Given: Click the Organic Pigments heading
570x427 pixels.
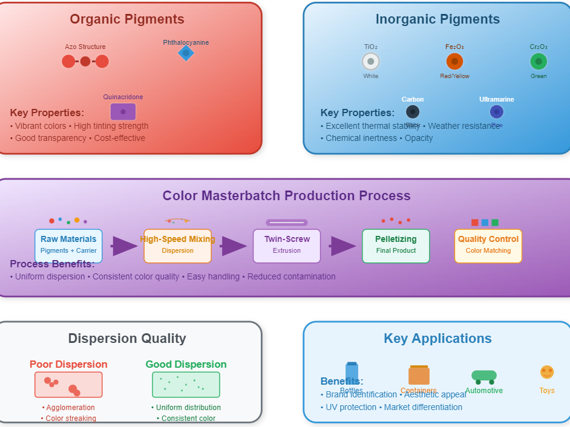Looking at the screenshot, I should (x=127, y=19).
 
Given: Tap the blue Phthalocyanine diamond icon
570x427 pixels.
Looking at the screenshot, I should (x=186, y=53).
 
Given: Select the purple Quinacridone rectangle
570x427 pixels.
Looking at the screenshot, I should (x=123, y=112).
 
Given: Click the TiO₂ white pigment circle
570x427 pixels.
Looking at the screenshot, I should (x=371, y=61).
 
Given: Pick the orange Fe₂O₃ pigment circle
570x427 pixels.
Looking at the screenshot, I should (x=454, y=61).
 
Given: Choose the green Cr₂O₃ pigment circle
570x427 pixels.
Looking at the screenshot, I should (x=539, y=61).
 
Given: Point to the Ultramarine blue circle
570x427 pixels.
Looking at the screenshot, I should (x=497, y=112).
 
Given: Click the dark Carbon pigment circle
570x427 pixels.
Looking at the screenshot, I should (x=413, y=112).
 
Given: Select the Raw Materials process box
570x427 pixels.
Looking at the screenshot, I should (x=68, y=246).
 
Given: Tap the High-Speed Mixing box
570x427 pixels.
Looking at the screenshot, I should (x=177, y=246).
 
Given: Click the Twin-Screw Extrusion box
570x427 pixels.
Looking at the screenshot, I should (x=287, y=246).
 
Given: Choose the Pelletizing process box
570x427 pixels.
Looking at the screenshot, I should (x=396, y=246).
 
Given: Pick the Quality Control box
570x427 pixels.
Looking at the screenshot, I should (x=488, y=246).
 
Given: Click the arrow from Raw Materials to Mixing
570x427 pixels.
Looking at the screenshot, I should (x=125, y=246).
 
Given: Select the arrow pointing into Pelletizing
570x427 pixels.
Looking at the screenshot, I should (x=342, y=246).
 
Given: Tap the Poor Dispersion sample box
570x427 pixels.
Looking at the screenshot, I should (x=68, y=385).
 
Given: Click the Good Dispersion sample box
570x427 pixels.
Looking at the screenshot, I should (x=186, y=385).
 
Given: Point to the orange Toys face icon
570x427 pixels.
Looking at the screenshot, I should (x=547, y=372).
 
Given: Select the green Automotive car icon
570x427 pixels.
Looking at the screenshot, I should (x=484, y=377).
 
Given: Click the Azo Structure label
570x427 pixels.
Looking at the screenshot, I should (x=85, y=47).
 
